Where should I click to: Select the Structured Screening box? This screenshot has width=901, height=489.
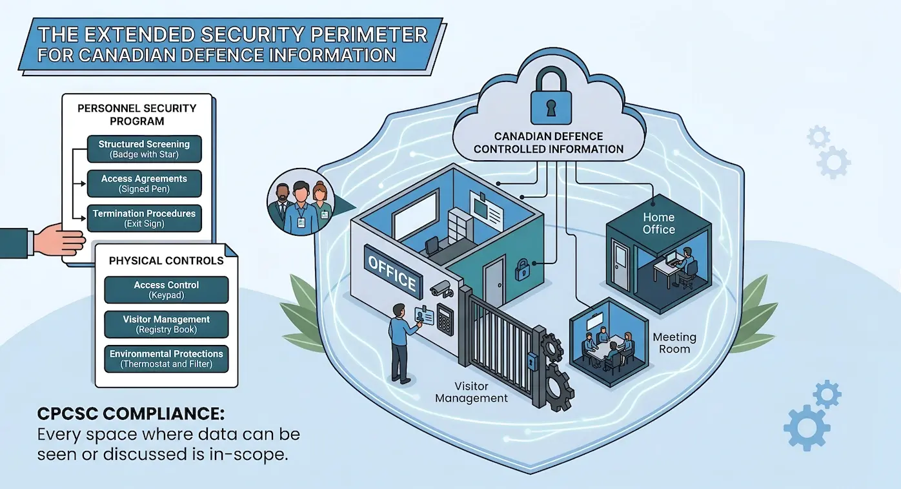[x=144, y=149]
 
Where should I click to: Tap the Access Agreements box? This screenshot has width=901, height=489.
[x=144, y=184]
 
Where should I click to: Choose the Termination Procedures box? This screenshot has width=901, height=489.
[x=144, y=218]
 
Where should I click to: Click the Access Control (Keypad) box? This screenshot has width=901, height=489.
[x=167, y=290]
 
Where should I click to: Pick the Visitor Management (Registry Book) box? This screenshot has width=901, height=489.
[x=167, y=324]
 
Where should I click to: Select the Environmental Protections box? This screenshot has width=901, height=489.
[x=167, y=359]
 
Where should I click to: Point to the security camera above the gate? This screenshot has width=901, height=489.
[x=441, y=288]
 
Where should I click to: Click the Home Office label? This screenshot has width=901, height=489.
[x=659, y=224]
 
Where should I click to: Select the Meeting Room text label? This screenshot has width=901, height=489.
[x=674, y=343]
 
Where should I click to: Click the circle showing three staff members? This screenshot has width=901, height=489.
[x=299, y=203]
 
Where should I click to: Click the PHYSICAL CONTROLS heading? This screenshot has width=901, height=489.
[x=167, y=261]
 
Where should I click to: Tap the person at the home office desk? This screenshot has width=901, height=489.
[x=689, y=264]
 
